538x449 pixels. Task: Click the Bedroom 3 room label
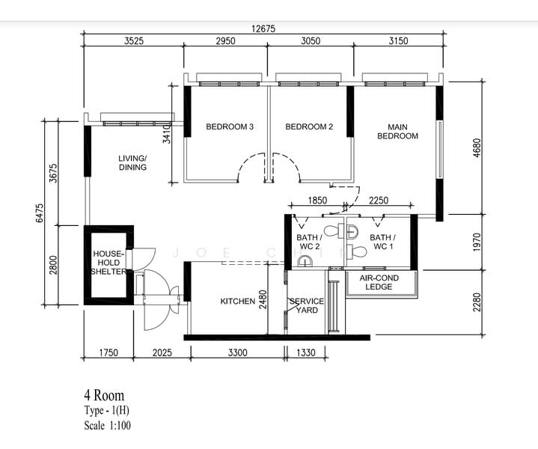click(230, 126)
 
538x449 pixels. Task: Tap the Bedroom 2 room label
click(309, 126)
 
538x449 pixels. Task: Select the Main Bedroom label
click(397, 132)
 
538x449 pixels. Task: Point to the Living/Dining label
click(132, 162)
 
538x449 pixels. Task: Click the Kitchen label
click(237, 302)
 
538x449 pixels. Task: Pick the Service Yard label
click(306, 305)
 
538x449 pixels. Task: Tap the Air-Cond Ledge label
click(379, 282)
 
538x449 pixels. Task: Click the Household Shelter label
click(108, 263)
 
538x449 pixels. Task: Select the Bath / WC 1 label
click(383, 242)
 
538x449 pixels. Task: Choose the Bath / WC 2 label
click(310, 242)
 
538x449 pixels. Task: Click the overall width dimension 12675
click(263, 29)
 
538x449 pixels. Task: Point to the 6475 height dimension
click(40, 213)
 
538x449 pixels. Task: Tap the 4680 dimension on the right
click(477, 148)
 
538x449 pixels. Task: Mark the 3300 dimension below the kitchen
click(237, 352)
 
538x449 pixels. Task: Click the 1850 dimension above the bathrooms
click(317, 200)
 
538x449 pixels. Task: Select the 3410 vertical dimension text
click(166, 134)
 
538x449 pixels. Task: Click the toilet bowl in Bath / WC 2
click(334, 230)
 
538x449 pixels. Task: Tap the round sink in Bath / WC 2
click(305, 262)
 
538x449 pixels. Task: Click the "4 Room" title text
click(104, 395)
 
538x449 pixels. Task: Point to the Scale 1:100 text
click(108, 426)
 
